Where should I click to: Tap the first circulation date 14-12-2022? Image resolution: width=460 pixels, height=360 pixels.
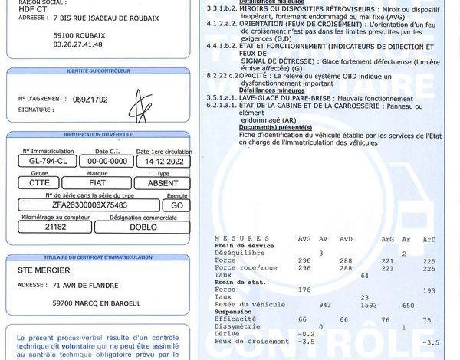[x=162, y=162]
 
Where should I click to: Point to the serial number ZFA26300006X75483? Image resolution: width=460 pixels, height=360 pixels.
[x=84, y=205]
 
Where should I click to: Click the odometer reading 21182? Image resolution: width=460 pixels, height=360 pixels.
[x=55, y=227]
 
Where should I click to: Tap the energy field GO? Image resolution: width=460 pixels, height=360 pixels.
[x=177, y=205]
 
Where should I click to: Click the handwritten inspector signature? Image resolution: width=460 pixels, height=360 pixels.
[x=139, y=105]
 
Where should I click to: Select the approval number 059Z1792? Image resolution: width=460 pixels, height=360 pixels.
[x=90, y=99]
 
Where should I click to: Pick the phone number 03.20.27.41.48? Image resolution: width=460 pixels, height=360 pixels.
[x=78, y=44]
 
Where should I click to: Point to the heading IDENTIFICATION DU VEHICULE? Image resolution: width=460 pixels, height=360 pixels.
[x=98, y=134]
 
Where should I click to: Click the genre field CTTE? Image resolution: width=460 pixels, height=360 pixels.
[x=39, y=183]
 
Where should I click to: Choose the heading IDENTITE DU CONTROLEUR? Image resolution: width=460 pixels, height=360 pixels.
[x=98, y=70]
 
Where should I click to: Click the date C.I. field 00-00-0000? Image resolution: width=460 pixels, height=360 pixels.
[x=107, y=162]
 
